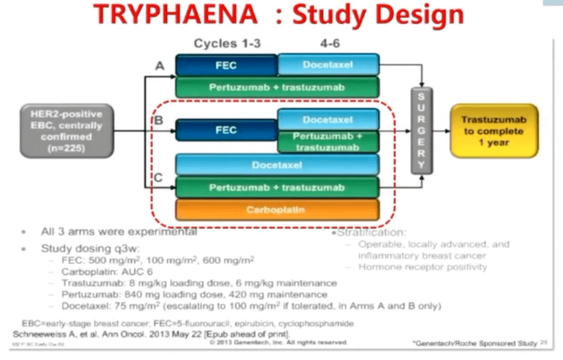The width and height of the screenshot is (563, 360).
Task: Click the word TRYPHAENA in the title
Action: (177, 15)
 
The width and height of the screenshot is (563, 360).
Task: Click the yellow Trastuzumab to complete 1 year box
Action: (494, 130)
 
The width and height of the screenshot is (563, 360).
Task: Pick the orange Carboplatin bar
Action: (277, 210)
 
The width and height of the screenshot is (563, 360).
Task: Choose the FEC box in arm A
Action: (226, 65)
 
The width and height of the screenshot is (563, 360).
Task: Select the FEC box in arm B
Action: (226, 130)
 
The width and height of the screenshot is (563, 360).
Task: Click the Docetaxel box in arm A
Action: (328, 64)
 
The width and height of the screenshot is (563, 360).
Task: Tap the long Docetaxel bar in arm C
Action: (277, 164)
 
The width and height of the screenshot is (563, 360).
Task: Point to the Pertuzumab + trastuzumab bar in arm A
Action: (277, 87)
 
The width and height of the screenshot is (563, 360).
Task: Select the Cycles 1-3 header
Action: (227, 44)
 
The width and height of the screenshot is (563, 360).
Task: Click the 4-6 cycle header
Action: (330, 44)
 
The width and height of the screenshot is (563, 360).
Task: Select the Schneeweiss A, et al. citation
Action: (151, 333)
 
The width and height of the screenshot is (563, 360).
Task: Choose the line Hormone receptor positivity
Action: (422, 267)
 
